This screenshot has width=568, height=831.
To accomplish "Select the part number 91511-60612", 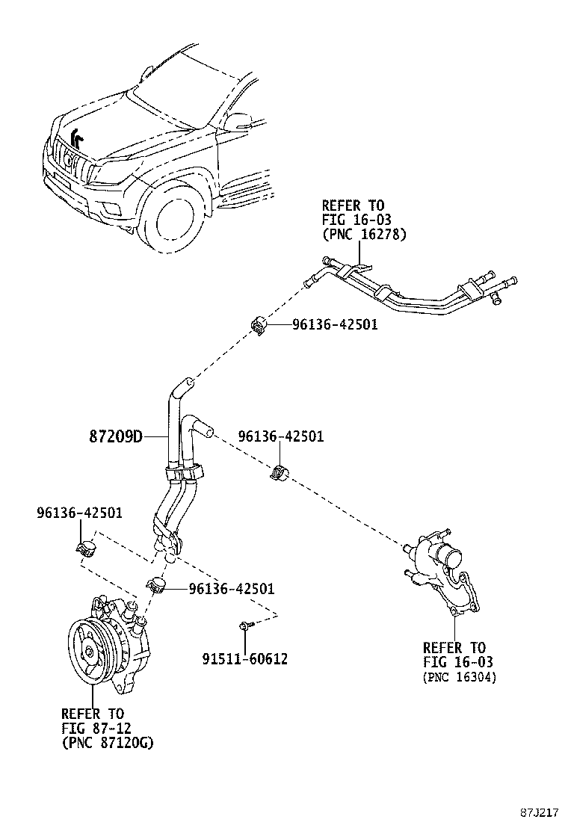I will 244,658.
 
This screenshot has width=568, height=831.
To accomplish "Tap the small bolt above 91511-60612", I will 245,625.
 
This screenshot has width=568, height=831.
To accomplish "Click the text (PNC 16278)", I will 364,235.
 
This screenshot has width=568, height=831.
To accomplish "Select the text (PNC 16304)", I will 459,677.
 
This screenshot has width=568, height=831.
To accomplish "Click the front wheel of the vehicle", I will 176,221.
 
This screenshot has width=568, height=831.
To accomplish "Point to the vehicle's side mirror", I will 239,121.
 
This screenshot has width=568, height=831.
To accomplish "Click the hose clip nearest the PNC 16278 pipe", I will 259,325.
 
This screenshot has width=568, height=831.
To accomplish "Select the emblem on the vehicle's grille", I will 70,158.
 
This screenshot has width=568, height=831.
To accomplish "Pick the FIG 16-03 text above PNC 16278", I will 356,220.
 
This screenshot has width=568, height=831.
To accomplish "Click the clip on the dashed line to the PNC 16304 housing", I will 280,472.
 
